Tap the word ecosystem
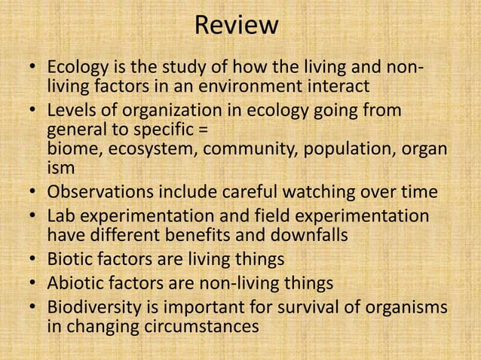coord(152,147)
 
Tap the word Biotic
coord(72,259)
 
